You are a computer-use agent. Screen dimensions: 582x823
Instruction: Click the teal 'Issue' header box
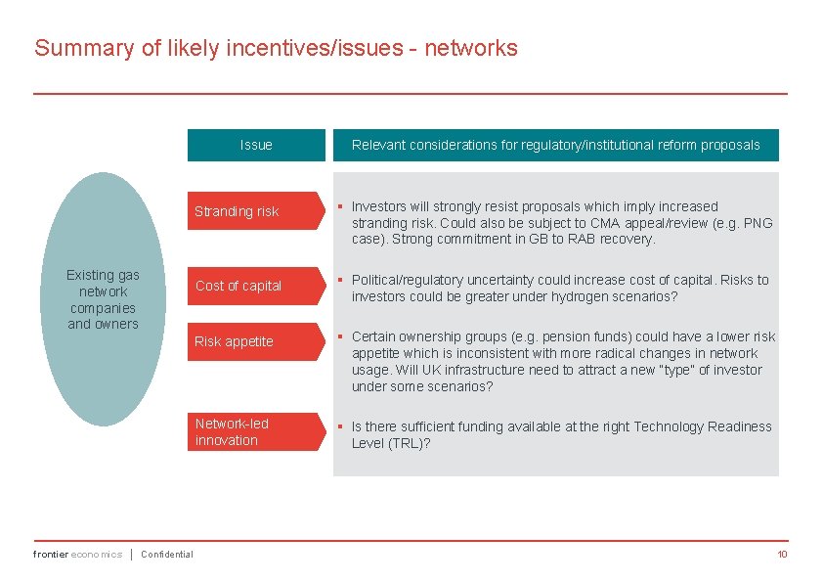(x=256, y=145)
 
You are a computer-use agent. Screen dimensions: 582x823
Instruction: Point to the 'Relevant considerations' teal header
(x=555, y=145)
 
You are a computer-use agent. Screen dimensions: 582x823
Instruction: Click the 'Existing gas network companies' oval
(x=103, y=299)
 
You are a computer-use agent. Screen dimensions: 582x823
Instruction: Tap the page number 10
(x=782, y=555)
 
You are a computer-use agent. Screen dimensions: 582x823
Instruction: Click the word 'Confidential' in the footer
(x=167, y=555)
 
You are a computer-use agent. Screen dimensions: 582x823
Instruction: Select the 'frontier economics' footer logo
(x=77, y=555)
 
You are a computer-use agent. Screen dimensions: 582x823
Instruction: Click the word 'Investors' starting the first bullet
(x=379, y=206)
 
